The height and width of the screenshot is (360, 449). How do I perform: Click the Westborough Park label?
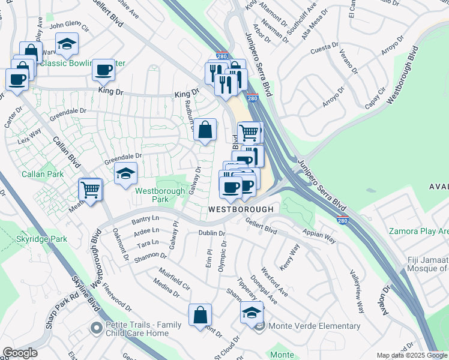coord(160,195)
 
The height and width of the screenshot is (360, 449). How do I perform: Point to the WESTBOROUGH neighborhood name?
coord(241,209)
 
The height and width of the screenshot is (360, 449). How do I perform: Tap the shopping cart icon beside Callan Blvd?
coord(90,190)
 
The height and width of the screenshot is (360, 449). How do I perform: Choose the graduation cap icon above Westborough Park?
coord(125,174)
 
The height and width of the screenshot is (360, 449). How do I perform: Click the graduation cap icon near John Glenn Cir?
coord(67,44)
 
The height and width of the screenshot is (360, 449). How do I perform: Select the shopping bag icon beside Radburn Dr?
coord(205,130)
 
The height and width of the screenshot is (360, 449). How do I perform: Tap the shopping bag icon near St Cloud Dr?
coord(200,315)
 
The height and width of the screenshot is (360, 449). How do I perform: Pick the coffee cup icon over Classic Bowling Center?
coord(103,70)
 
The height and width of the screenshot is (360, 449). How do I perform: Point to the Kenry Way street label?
coord(289,256)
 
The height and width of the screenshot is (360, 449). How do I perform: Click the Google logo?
coord(20,353)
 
